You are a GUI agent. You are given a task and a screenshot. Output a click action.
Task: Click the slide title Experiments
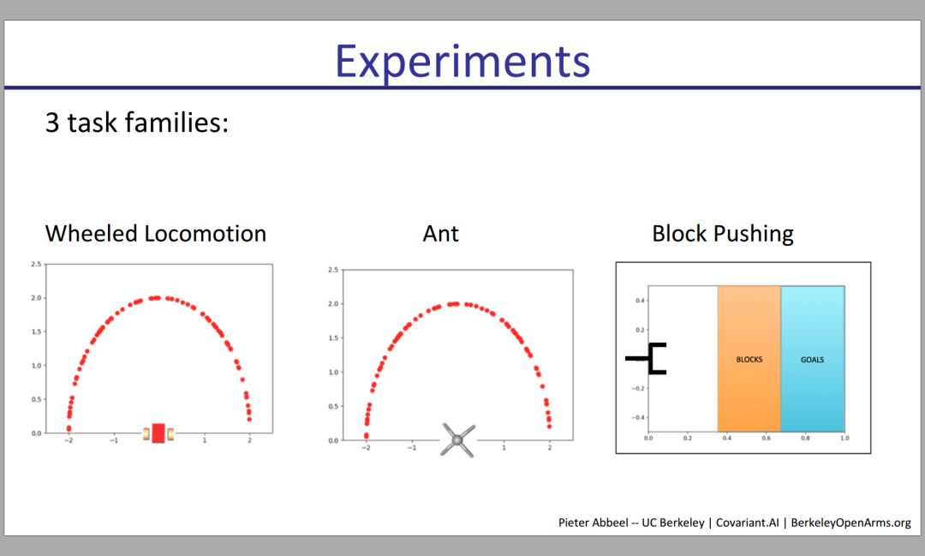pos(462,62)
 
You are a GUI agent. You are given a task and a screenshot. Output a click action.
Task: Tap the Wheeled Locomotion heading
pos(156,233)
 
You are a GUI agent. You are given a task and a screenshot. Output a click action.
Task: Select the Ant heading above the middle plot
pos(441,233)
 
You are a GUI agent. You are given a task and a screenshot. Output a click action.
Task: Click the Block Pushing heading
pos(723,234)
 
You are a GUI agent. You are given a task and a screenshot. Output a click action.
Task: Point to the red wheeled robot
pos(158,433)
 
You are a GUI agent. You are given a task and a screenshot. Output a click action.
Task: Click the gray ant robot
pos(457,440)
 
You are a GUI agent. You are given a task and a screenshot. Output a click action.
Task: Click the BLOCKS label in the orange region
pos(749,360)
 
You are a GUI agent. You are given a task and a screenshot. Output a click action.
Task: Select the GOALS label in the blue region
pos(812,360)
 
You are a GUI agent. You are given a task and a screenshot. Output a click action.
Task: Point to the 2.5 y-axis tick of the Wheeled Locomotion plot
pos(36,264)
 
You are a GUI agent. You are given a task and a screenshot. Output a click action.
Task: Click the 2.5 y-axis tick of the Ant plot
pos(333,270)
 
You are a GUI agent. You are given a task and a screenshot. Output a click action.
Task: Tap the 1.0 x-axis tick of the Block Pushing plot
pos(844,438)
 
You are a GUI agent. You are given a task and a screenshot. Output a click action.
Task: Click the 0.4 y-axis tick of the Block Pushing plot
pos(640,301)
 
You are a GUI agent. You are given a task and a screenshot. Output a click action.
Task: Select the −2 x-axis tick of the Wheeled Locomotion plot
pos(69,440)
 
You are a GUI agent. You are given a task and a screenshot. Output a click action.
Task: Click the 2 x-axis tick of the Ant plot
pos(550,447)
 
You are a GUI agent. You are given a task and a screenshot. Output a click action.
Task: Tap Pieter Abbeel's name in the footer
pos(593,523)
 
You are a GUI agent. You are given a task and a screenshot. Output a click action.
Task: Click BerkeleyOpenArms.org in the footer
pos(850,523)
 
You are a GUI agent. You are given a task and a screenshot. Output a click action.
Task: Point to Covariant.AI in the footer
pos(747,523)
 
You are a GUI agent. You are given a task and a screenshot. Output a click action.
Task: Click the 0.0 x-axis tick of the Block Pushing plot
pos(648,438)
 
